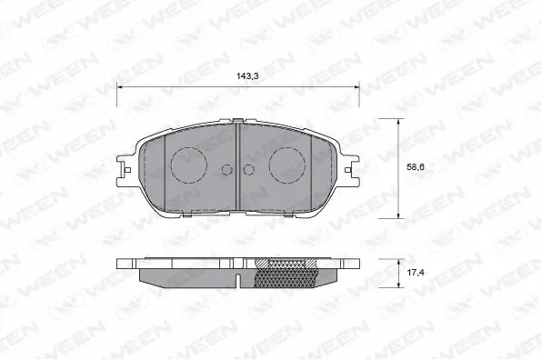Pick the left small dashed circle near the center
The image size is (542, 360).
pos(227,168)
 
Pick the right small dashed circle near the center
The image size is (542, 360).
pos(249,168)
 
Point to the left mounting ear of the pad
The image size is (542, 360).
pos(126,168)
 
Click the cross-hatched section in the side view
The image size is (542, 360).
pos(286,271)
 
